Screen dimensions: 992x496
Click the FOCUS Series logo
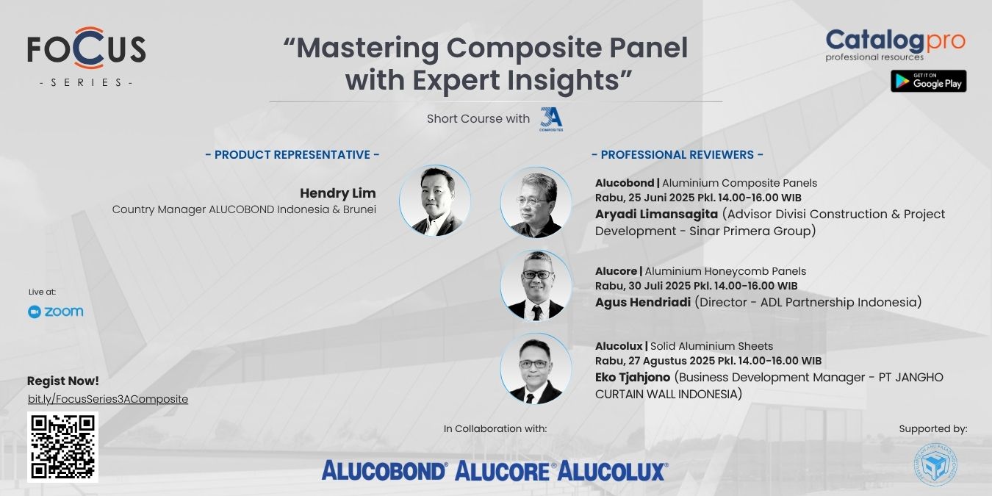click(x=87, y=57)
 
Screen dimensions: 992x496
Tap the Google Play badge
click(x=928, y=81)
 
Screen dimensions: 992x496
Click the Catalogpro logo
click(x=896, y=45)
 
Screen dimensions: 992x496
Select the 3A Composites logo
click(x=551, y=120)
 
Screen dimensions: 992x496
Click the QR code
click(x=63, y=447)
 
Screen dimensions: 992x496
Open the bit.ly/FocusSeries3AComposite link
click(x=107, y=399)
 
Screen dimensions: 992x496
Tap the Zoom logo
click(x=55, y=312)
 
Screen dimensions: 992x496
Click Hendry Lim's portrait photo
click(x=434, y=201)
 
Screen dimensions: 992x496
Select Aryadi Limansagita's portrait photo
click(x=536, y=202)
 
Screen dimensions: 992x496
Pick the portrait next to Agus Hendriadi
click(x=536, y=285)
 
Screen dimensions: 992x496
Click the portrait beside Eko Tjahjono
click(x=536, y=368)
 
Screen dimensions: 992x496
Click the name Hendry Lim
click(x=338, y=193)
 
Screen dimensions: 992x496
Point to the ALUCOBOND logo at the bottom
click(x=384, y=470)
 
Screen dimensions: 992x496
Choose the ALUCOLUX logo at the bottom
click(x=613, y=470)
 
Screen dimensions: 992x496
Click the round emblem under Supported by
click(x=935, y=464)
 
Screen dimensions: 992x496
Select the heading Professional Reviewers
click(x=677, y=154)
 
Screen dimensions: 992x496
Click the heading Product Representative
click(x=292, y=154)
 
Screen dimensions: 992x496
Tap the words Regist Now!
click(x=63, y=381)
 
